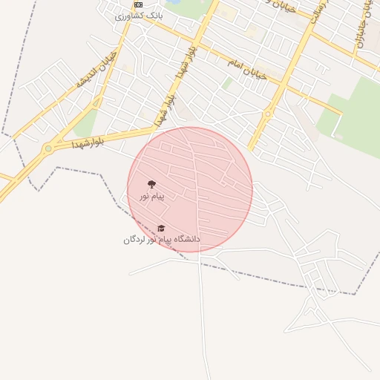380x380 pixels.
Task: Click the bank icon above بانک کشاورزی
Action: click(137, 4)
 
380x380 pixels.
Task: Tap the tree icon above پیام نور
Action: click(151, 184)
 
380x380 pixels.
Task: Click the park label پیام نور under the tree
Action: click(151, 196)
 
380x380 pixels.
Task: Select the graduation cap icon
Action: click(161, 228)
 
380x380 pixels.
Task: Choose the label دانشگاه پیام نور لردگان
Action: click(161, 239)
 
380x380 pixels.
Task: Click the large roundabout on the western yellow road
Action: click(49, 148)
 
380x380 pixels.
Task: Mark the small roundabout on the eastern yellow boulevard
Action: click(267, 114)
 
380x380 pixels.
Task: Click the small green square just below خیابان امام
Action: click(227, 84)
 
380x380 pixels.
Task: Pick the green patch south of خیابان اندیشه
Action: click(85, 123)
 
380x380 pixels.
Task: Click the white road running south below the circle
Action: click(200, 312)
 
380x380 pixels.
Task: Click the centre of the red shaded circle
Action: click(190, 190)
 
